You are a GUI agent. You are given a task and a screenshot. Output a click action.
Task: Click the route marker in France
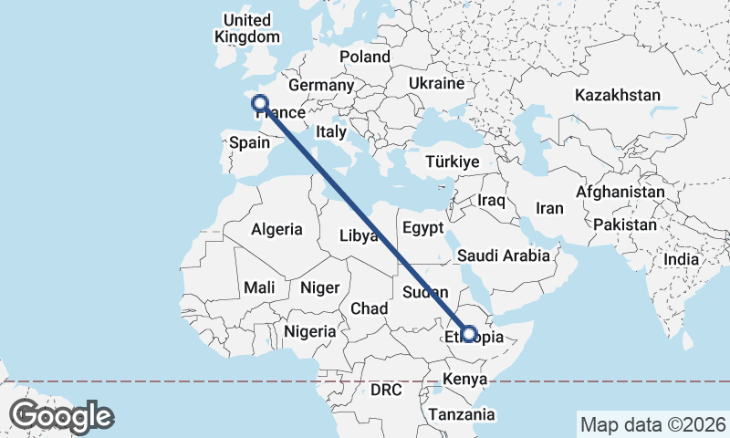pos(260,104)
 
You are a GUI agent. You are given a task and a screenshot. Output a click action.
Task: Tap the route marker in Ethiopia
pos(468,334)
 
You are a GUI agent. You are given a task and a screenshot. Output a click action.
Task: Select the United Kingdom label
pos(246,28)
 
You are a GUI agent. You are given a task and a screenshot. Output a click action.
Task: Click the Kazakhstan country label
pos(618,95)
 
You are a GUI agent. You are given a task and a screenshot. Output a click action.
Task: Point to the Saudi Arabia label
pos(504,255)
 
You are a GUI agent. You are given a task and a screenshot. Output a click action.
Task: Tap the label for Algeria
pos(276,230)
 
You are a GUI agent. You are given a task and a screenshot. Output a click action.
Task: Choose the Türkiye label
pos(453,162)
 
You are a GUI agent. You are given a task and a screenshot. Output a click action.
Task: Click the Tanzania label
pos(462,414)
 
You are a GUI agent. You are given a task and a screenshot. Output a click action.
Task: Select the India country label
pos(681,259)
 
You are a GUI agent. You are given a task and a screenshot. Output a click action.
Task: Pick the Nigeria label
pos(309,331)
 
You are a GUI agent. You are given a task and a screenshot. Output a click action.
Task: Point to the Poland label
pos(365,57)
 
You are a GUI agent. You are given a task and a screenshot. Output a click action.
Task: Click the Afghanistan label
pos(620,193)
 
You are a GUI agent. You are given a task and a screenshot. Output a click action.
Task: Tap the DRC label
pos(386,390)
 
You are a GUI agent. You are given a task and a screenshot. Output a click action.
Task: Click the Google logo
pos(62,416)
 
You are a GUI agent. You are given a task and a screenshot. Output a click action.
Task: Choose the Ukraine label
pos(436,83)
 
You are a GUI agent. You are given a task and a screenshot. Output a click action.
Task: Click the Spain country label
pos(249,142)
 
